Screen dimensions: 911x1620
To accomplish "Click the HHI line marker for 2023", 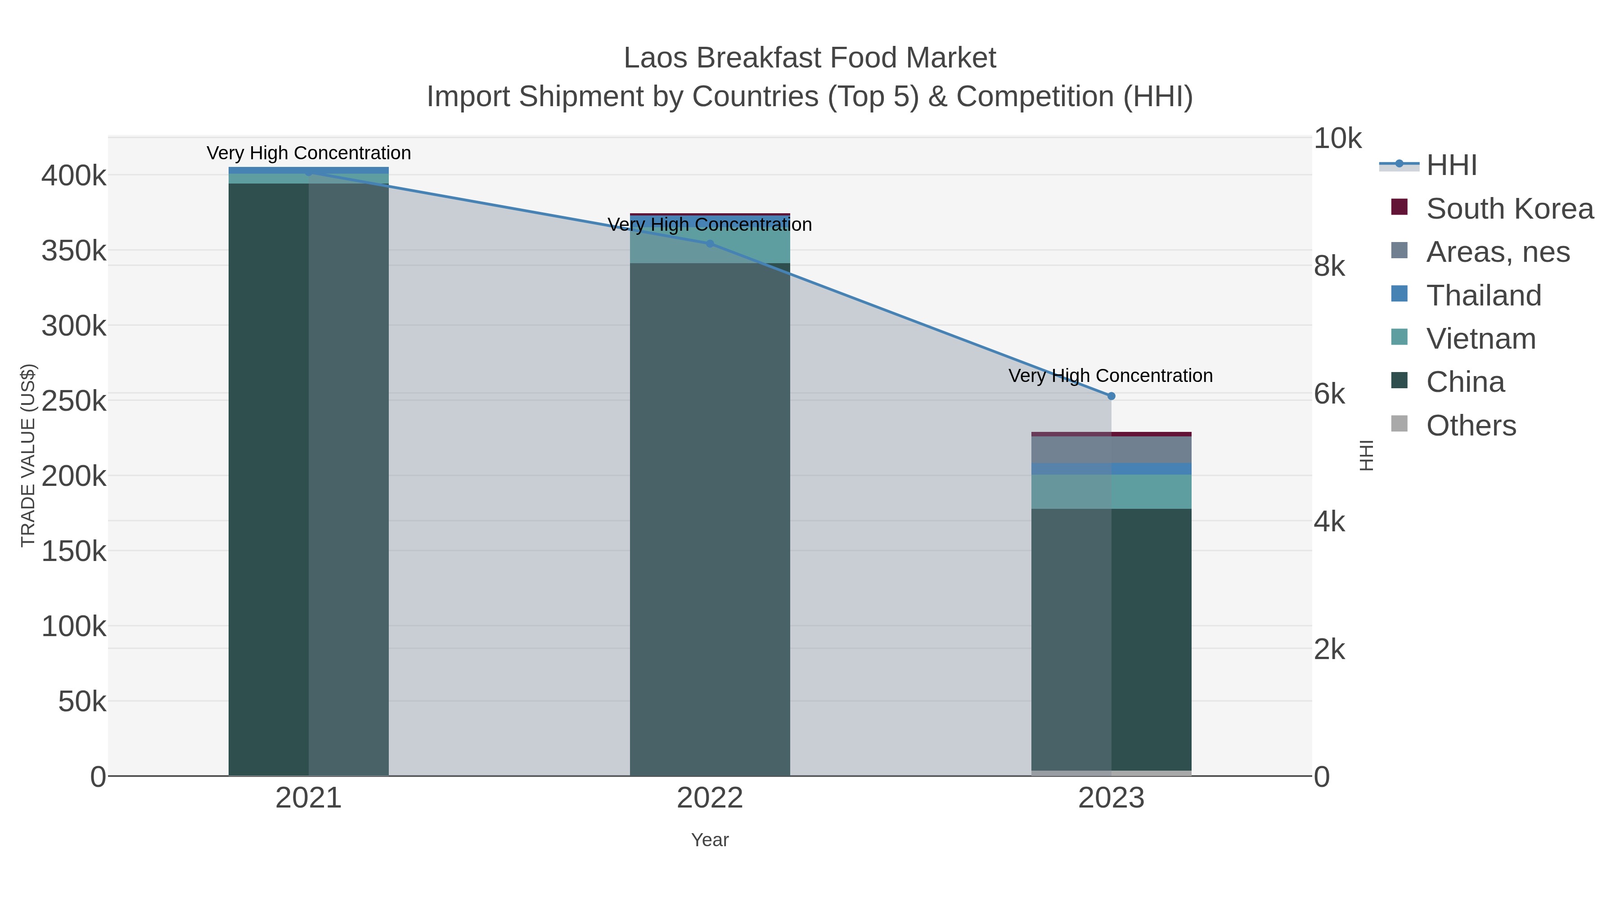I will tap(1111, 396).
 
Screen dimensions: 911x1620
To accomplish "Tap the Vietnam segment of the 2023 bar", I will tap(1111, 492).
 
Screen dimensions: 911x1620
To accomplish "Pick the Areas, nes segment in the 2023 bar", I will tap(1111, 449).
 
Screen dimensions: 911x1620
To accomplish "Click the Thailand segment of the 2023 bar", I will tap(1111, 469).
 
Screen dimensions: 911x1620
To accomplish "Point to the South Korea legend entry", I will tap(1509, 209).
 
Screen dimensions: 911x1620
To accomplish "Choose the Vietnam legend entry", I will tap(1480, 339).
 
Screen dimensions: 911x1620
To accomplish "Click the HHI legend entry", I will tap(1451, 166).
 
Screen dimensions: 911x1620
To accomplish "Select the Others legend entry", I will tap(1470, 426).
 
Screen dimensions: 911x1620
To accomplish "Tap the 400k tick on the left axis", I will tap(74, 175).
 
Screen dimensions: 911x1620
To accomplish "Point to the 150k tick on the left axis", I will tap(74, 552).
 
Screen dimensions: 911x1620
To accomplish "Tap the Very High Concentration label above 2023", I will tap(1111, 376).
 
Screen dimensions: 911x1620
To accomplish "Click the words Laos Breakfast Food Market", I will tap(810, 58).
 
